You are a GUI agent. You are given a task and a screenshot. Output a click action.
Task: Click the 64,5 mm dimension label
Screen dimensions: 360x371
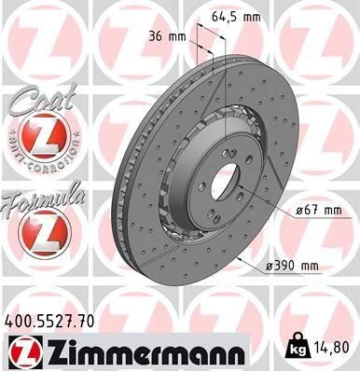coord(236,17)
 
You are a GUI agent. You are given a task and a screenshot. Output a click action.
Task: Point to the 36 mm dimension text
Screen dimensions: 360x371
coord(167,36)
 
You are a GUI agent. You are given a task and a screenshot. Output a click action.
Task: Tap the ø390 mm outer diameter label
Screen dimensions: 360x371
coord(293,266)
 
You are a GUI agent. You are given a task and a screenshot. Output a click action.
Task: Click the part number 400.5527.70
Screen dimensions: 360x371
coord(49,322)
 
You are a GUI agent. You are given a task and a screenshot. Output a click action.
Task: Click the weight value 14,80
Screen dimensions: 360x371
coord(332,347)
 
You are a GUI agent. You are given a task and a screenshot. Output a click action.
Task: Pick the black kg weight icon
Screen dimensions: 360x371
coord(298,347)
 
